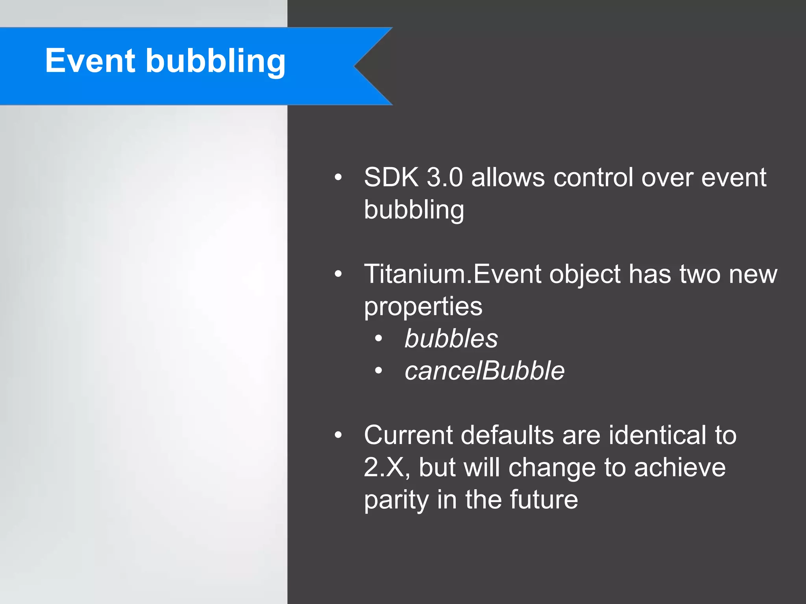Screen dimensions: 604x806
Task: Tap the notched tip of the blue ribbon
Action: coord(355,66)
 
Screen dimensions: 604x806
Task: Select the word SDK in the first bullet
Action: coord(391,177)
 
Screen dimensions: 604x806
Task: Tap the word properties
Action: coord(423,306)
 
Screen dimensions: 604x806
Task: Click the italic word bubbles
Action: coord(451,339)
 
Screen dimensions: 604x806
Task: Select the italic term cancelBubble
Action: coord(484,371)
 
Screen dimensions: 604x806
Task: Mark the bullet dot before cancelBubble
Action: coord(379,370)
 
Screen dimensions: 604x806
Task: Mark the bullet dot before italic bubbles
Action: coord(379,338)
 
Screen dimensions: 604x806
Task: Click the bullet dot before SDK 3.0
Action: coord(338,178)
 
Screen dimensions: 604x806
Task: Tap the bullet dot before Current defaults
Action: coord(338,435)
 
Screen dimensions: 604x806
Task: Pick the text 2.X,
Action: coord(387,468)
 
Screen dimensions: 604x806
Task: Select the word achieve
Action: coord(680,468)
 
